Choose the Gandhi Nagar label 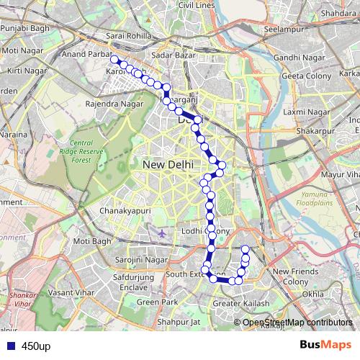click(296, 57)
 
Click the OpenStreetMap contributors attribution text click(297, 323)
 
